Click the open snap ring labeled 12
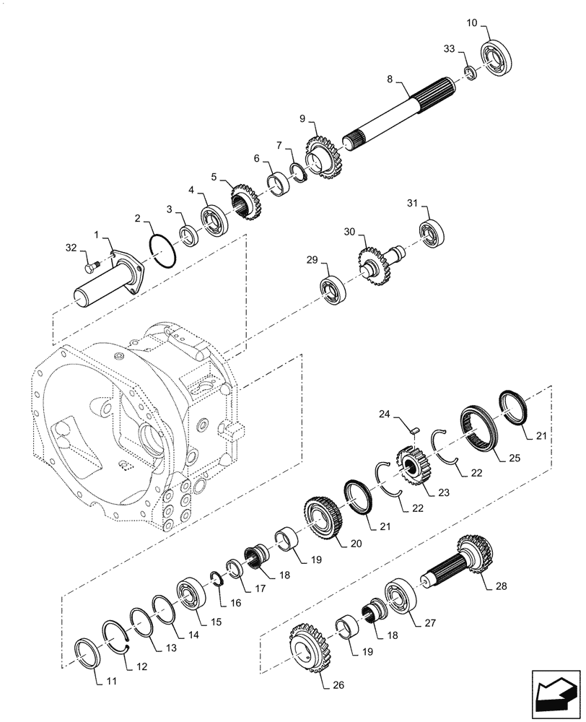point(118,637)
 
